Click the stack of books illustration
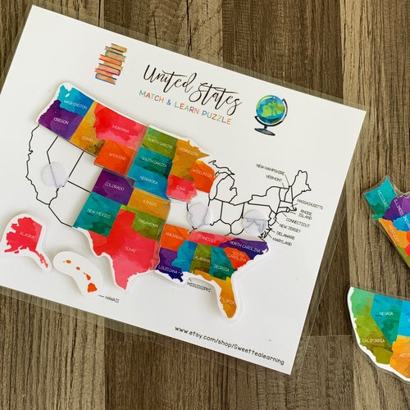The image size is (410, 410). point(111,62)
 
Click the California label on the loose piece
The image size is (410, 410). point(373,340)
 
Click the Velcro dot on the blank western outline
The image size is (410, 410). point(55,175)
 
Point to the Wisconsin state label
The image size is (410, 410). point(201,174)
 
